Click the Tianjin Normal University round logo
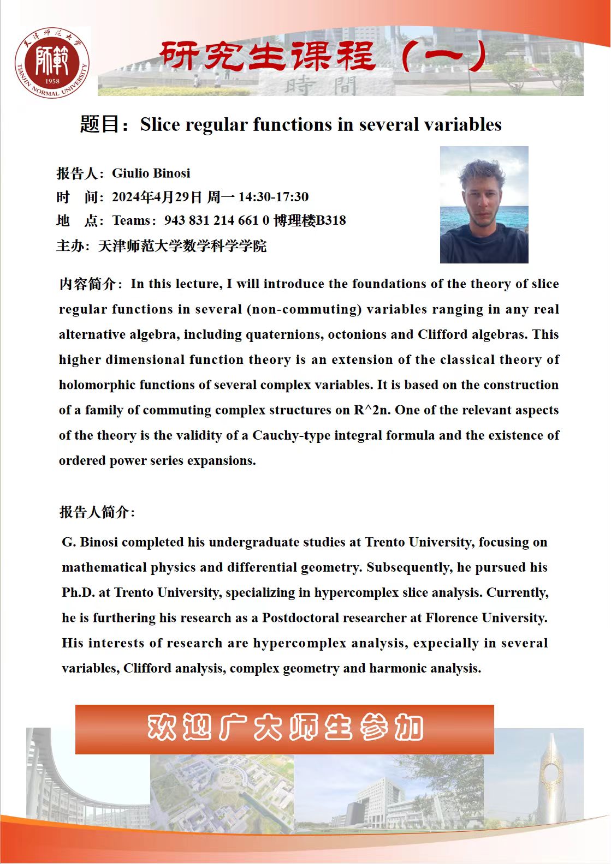point(52,63)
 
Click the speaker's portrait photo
point(484,205)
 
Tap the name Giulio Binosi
point(151,173)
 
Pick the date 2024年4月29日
point(157,197)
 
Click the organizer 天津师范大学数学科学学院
point(182,246)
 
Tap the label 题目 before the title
point(99,124)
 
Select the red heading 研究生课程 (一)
point(322,56)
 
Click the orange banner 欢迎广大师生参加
point(284,729)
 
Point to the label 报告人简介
point(95,512)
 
